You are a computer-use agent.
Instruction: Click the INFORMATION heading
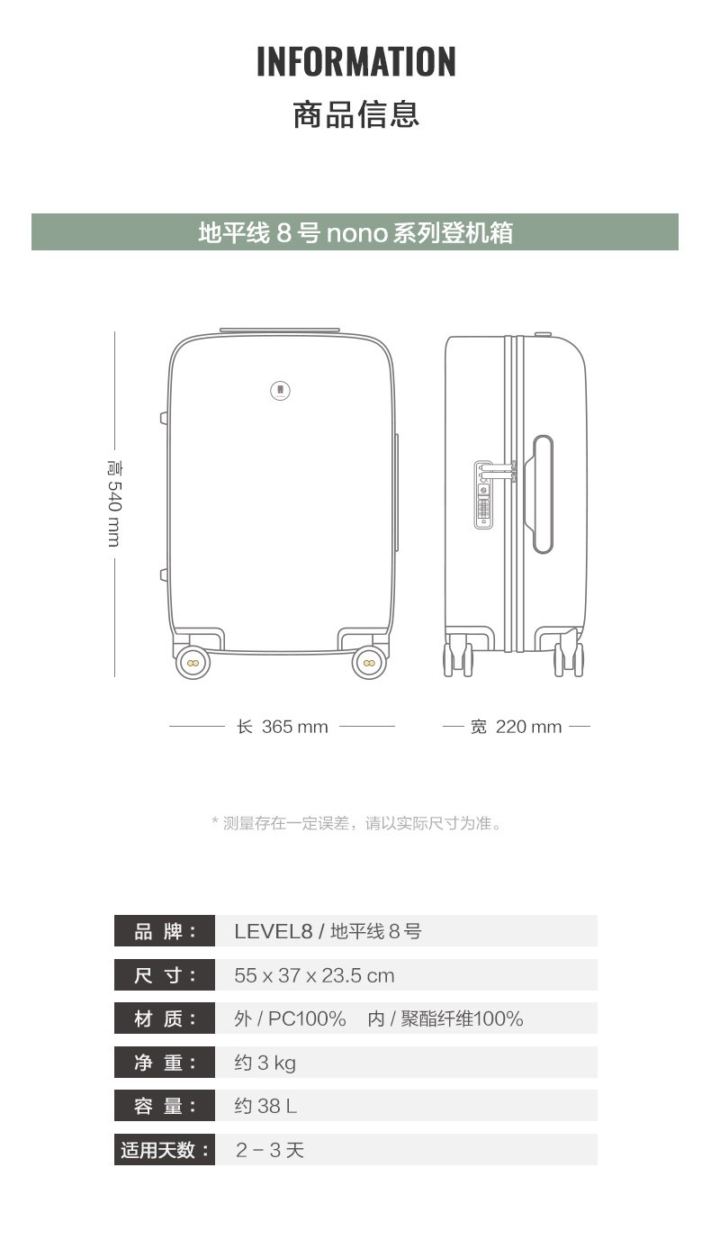click(355, 61)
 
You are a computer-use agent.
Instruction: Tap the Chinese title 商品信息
click(355, 114)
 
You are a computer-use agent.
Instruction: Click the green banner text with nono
click(355, 232)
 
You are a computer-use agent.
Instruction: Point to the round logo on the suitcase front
click(281, 391)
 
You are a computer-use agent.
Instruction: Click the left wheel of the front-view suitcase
click(193, 663)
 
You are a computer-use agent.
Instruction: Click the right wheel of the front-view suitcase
click(369, 663)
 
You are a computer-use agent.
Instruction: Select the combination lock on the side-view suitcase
click(483, 494)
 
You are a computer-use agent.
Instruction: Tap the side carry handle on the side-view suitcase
click(543, 494)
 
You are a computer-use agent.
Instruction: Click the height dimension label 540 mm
click(114, 503)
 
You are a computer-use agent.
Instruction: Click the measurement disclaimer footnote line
click(357, 823)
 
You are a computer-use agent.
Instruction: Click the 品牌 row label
click(165, 931)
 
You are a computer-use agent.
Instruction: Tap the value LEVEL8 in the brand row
click(274, 931)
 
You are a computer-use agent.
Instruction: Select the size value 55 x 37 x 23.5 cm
click(314, 975)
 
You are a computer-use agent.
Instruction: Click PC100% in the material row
click(307, 1018)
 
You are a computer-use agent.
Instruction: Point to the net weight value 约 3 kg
click(265, 1063)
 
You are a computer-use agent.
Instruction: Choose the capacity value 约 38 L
click(265, 1106)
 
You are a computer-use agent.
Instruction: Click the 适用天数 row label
click(165, 1150)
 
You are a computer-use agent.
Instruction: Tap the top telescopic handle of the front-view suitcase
click(280, 330)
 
